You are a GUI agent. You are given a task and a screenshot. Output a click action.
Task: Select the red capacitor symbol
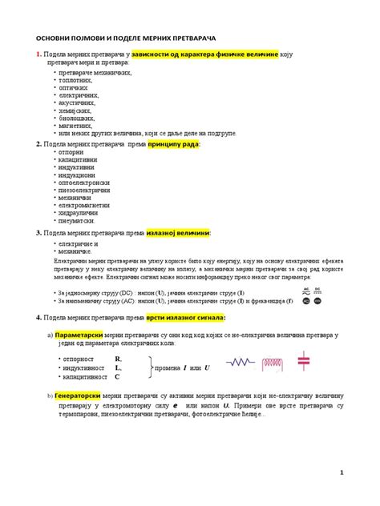click(x=303, y=361)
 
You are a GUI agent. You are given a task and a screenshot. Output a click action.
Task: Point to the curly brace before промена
click(x=150, y=367)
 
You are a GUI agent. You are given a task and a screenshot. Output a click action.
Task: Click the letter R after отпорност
click(x=118, y=359)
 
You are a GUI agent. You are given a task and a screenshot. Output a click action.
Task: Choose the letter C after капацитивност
click(x=117, y=375)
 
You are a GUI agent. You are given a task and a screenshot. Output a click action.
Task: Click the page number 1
click(x=342, y=472)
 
